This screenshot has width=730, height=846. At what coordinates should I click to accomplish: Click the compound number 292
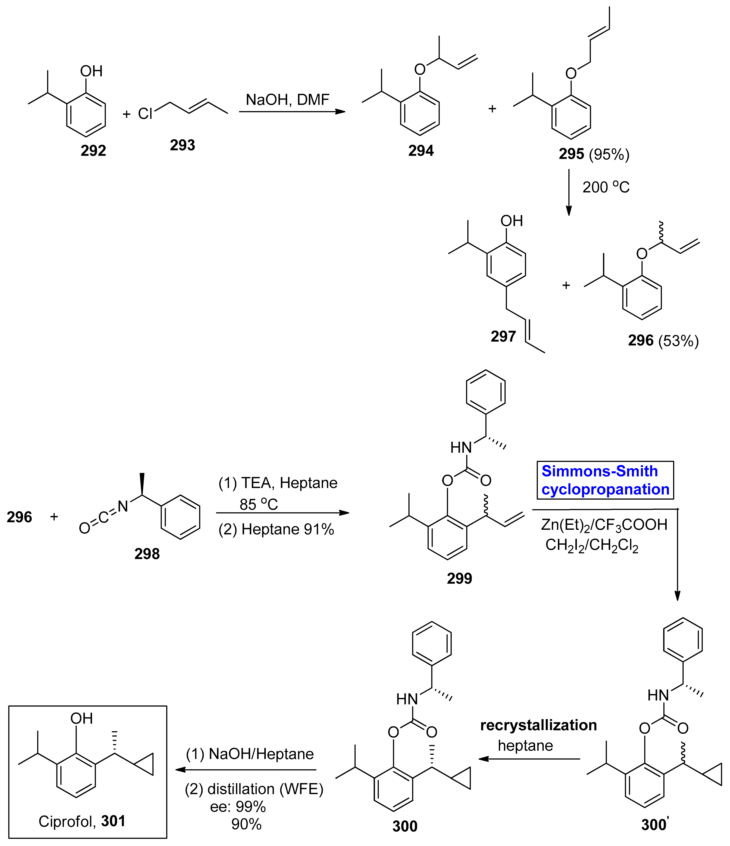(x=93, y=151)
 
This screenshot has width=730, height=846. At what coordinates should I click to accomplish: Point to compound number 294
(x=421, y=151)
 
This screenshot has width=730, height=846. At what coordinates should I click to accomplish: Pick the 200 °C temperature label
(x=606, y=187)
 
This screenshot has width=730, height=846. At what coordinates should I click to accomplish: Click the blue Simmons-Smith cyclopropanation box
(x=605, y=480)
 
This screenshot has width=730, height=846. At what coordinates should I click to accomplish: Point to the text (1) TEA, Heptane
(x=278, y=483)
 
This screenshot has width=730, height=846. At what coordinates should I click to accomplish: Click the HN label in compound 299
(x=461, y=448)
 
